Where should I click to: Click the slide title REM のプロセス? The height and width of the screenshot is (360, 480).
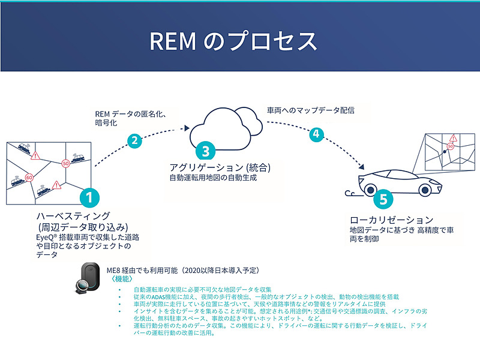(x=232, y=41)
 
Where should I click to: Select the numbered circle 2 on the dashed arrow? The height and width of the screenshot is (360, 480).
(x=135, y=142)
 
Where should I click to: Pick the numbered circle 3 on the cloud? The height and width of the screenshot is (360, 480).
(x=205, y=150)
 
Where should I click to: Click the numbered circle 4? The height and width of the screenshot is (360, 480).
(x=316, y=134)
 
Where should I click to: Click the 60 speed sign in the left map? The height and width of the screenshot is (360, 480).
(x=28, y=178)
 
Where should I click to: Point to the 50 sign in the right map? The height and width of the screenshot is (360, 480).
(x=449, y=146)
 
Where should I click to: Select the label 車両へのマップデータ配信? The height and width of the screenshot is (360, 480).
(x=310, y=110)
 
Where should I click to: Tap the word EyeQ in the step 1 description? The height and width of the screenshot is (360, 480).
(x=46, y=237)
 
